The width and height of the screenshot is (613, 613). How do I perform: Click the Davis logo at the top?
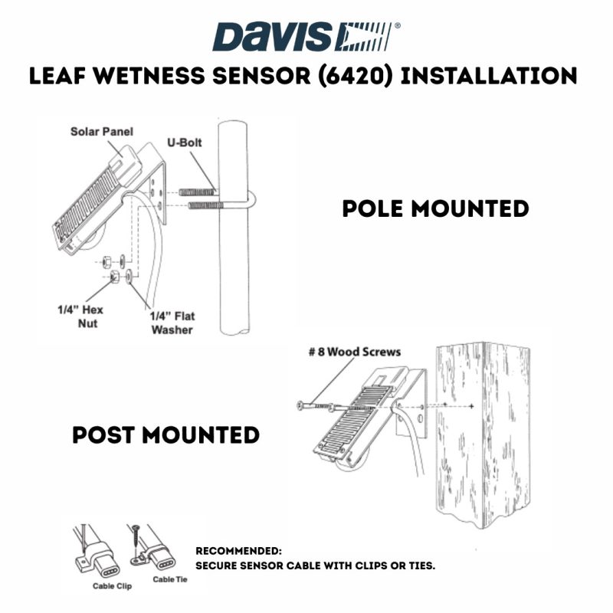pyautogui.click(x=306, y=36)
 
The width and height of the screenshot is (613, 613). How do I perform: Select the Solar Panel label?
pyautogui.click(x=101, y=132)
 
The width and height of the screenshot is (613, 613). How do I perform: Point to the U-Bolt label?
pyautogui.click(x=184, y=142)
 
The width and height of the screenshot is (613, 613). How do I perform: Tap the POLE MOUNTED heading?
pyautogui.click(x=435, y=208)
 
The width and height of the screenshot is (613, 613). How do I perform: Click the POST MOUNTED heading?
pyautogui.click(x=166, y=435)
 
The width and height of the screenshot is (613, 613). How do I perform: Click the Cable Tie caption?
pyautogui.click(x=169, y=579)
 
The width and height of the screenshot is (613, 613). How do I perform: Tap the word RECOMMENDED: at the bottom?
pyautogui.click(x=238, y=550)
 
